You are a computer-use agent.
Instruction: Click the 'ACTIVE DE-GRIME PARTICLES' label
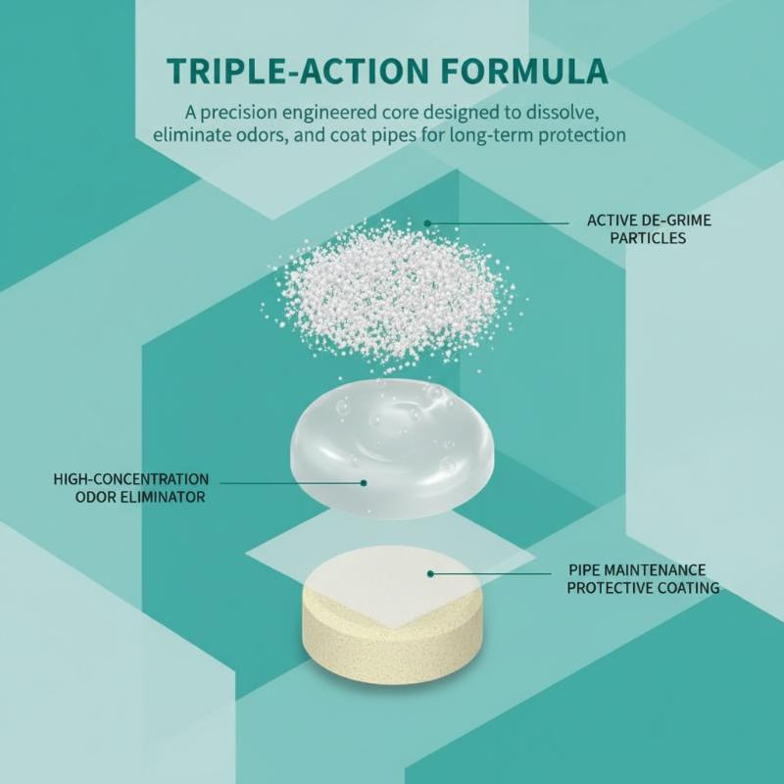tap(649, 229)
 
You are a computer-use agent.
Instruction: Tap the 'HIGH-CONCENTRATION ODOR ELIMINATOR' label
tap(131, 488)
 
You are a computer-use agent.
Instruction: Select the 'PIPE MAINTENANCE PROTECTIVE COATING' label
tap(643, 578)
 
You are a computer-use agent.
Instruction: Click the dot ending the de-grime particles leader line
tap(427, 223)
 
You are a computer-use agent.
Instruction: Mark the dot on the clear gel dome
tap(364, 482)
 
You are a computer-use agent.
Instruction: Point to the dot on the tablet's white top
tap(430, 574)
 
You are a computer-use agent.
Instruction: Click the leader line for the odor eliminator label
tap(291, 483)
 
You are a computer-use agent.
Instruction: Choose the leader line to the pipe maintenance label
tap(491, 573)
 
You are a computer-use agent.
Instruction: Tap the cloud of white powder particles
tap(394, 295)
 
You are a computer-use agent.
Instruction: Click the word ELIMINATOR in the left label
tap(163, 497)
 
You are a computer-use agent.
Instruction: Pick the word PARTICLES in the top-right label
tap(648, 238)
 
